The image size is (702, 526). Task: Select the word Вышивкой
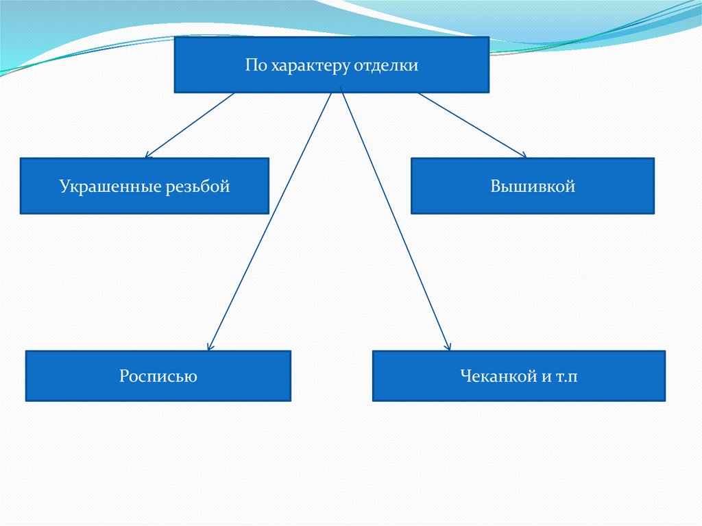pyautogui.click(x=533, y=186)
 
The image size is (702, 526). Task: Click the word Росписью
pyautogui.click(x=158, y=376)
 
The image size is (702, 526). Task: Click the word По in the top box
pyautogui.click(x=254, y=66)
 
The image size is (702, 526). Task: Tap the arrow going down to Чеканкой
pyautogui.click(x=395, y=219)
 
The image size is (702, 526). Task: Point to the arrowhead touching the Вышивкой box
pyautogui.click(x=522, y=156)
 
